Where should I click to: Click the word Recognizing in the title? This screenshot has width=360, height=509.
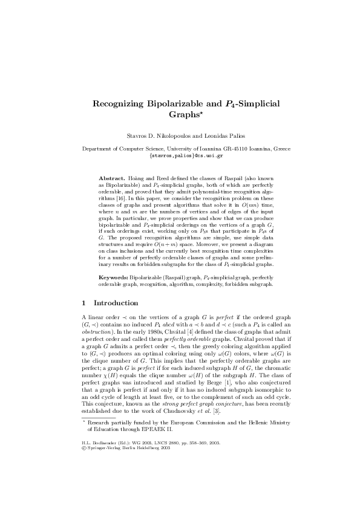coord(117,103)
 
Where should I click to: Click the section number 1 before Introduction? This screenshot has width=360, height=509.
coord(83,303)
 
